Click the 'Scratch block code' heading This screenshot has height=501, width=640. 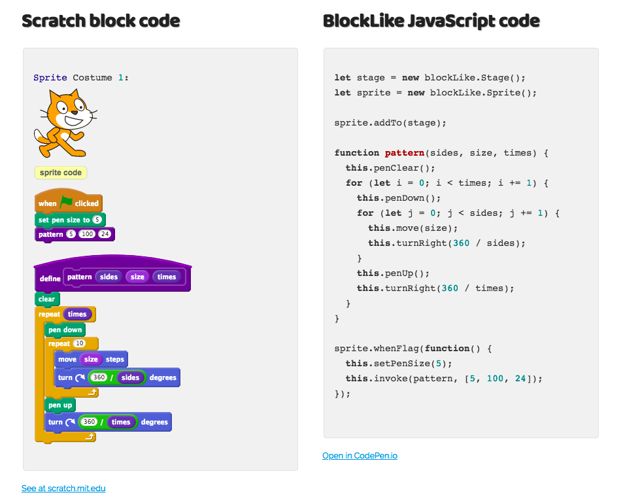tap(101, 21)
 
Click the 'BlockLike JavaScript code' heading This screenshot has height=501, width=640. tap(431, 21)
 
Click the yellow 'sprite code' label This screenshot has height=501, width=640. tap(60, 173)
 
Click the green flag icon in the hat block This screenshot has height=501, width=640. tap(66, 203)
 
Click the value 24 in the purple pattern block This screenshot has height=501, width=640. tap(105, 234)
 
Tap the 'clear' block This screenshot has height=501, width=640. tap(46, 299)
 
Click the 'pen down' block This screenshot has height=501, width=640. tap(65, 330)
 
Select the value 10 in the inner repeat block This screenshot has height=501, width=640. tap(80, 343)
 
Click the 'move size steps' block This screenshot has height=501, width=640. tap(91, 359)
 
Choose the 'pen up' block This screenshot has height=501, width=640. tap(59, 405)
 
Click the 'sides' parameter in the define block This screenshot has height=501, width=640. tap(109, 277)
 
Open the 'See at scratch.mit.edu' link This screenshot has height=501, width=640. tap(63, 488)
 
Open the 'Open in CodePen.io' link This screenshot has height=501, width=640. tap(360, 455)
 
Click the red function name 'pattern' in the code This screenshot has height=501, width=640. tap(405, 153)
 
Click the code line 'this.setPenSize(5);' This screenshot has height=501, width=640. tap(399, 363)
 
